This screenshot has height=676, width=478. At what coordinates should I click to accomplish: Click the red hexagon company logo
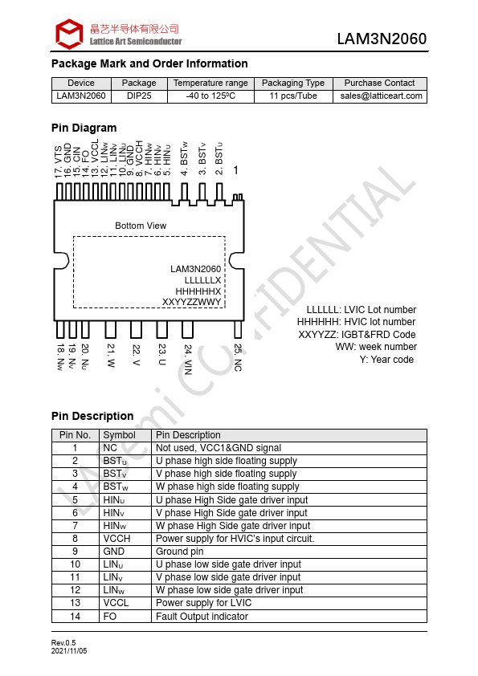(x=69, y=34)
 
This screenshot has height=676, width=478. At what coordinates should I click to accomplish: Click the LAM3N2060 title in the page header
(x=382, y=39)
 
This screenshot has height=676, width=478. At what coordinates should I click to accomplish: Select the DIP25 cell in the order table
(x=139, y=96)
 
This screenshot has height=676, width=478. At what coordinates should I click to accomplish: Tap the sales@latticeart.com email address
(x=381, y=96)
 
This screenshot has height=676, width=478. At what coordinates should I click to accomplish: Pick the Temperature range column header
(x=210, y=83)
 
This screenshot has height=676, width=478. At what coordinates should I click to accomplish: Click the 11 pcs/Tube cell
(x=293, y=96)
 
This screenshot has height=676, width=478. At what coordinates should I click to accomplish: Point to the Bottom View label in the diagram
(x=141, y=226)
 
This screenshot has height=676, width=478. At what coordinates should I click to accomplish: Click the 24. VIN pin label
(x=188, y=359)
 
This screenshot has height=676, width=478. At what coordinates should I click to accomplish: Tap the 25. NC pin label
(x=238, y=357)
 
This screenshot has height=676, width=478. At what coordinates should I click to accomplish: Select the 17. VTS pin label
(x=58, y=161)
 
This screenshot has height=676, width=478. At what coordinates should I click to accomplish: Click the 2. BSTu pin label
(x=219, y=159)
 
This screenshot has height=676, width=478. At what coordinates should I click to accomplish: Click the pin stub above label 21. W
(x=111, y=329)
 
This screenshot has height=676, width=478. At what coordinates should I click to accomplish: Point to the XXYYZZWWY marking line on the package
(x=191, y=302)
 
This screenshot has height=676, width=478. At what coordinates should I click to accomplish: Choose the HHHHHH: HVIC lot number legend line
(x=356, y=322)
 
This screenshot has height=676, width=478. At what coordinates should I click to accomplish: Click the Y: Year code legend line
(x=386, y=360)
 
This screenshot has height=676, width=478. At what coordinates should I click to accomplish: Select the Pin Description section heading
(x=92, y=416)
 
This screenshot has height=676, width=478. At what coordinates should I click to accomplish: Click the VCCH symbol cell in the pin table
(x=116, y=539)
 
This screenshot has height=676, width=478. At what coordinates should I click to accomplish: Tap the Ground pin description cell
(x=179, y=552)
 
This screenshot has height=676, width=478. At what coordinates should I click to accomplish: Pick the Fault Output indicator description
(x=202, y=617)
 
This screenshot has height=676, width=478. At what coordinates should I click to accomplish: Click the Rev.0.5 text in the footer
(x=63, y=643)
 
